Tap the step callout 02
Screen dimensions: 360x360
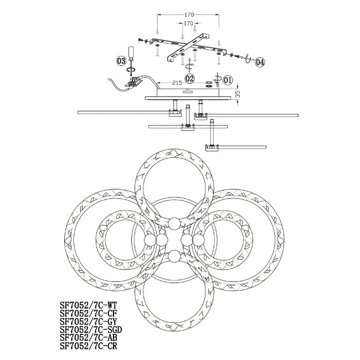click(190, 79)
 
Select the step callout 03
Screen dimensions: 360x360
click(121, 61)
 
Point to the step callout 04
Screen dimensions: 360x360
click(260, 62)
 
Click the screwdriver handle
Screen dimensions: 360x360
click(131, 52)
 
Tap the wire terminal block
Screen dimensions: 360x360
click(134, 82)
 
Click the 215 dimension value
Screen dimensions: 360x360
click(177, 83)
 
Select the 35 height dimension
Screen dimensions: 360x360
click(238, 94)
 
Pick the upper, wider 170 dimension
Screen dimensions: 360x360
click(189, 15)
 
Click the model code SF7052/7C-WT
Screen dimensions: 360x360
click(89, 305)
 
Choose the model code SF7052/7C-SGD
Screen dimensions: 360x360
click(91, 330)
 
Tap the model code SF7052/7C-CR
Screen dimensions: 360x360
click(89, 346)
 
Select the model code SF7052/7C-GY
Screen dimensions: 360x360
click(89, 321)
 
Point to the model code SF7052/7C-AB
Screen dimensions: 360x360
click(89, 338)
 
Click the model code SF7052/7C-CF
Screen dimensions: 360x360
click(89, 313)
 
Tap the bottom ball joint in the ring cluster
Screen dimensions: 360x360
click(174, 256)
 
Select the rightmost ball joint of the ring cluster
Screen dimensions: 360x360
click(198, 240)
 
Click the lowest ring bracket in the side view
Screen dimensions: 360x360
click(212, 147)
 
